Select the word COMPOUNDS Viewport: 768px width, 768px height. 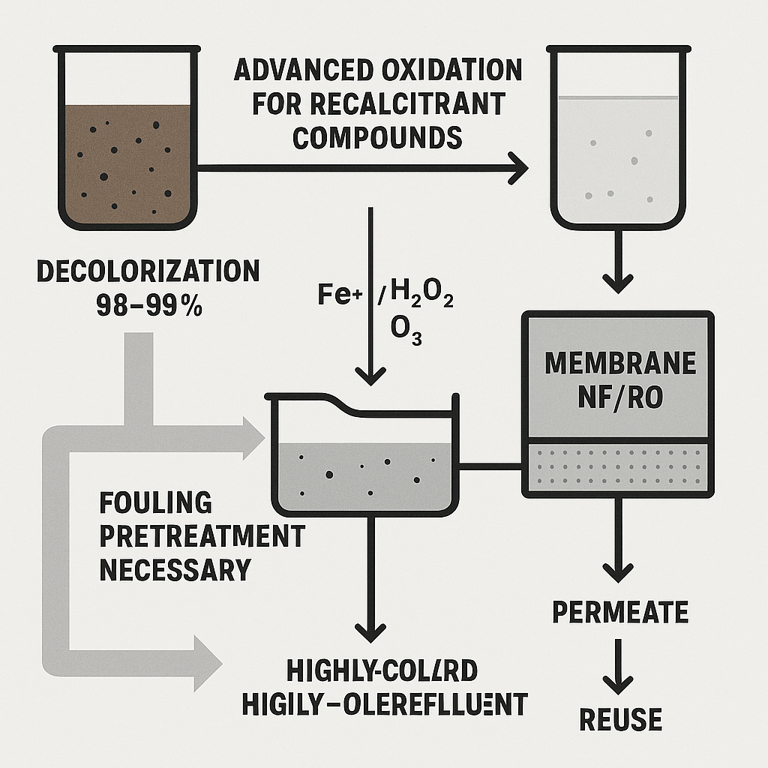click(x=376, y=139)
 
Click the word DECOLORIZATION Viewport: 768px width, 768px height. click(x=148, y=271)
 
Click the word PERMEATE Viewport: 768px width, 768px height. click(x=620, y=611)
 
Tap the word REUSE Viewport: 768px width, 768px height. click(x=620, y=719)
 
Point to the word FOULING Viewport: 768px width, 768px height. click(x=155, y=502)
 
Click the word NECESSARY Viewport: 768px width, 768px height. click(x=174, y=569)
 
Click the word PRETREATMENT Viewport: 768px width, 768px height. click(x=202, y=535)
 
